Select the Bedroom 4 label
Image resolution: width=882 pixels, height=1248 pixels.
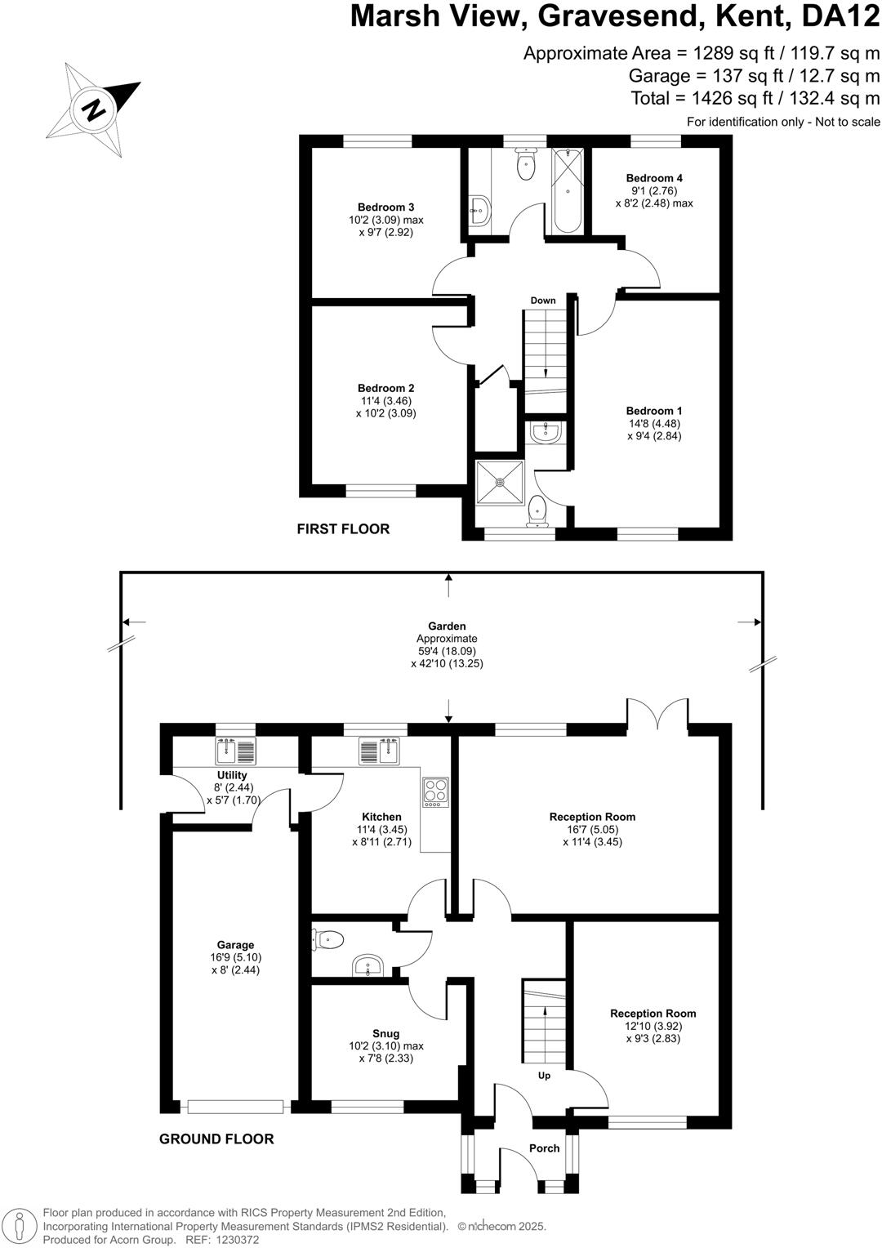pos(654,178)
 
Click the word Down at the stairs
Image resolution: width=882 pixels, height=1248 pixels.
pos(543,301)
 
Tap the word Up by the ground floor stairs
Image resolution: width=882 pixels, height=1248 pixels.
pos(544,1076)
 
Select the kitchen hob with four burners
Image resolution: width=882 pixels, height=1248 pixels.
pos(435,791)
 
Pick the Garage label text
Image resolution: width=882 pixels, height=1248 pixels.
pos(235,945)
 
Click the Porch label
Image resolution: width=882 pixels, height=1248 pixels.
pos(544,1148)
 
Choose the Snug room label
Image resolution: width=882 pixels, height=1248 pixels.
pos(385,1033)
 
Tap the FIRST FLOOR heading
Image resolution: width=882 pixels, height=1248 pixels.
pos(343,529)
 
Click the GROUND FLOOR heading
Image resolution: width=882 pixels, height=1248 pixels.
pos(216,1139)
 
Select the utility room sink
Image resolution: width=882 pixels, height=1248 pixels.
pos(235,750)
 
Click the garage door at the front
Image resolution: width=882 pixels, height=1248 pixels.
pos(235,1107)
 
